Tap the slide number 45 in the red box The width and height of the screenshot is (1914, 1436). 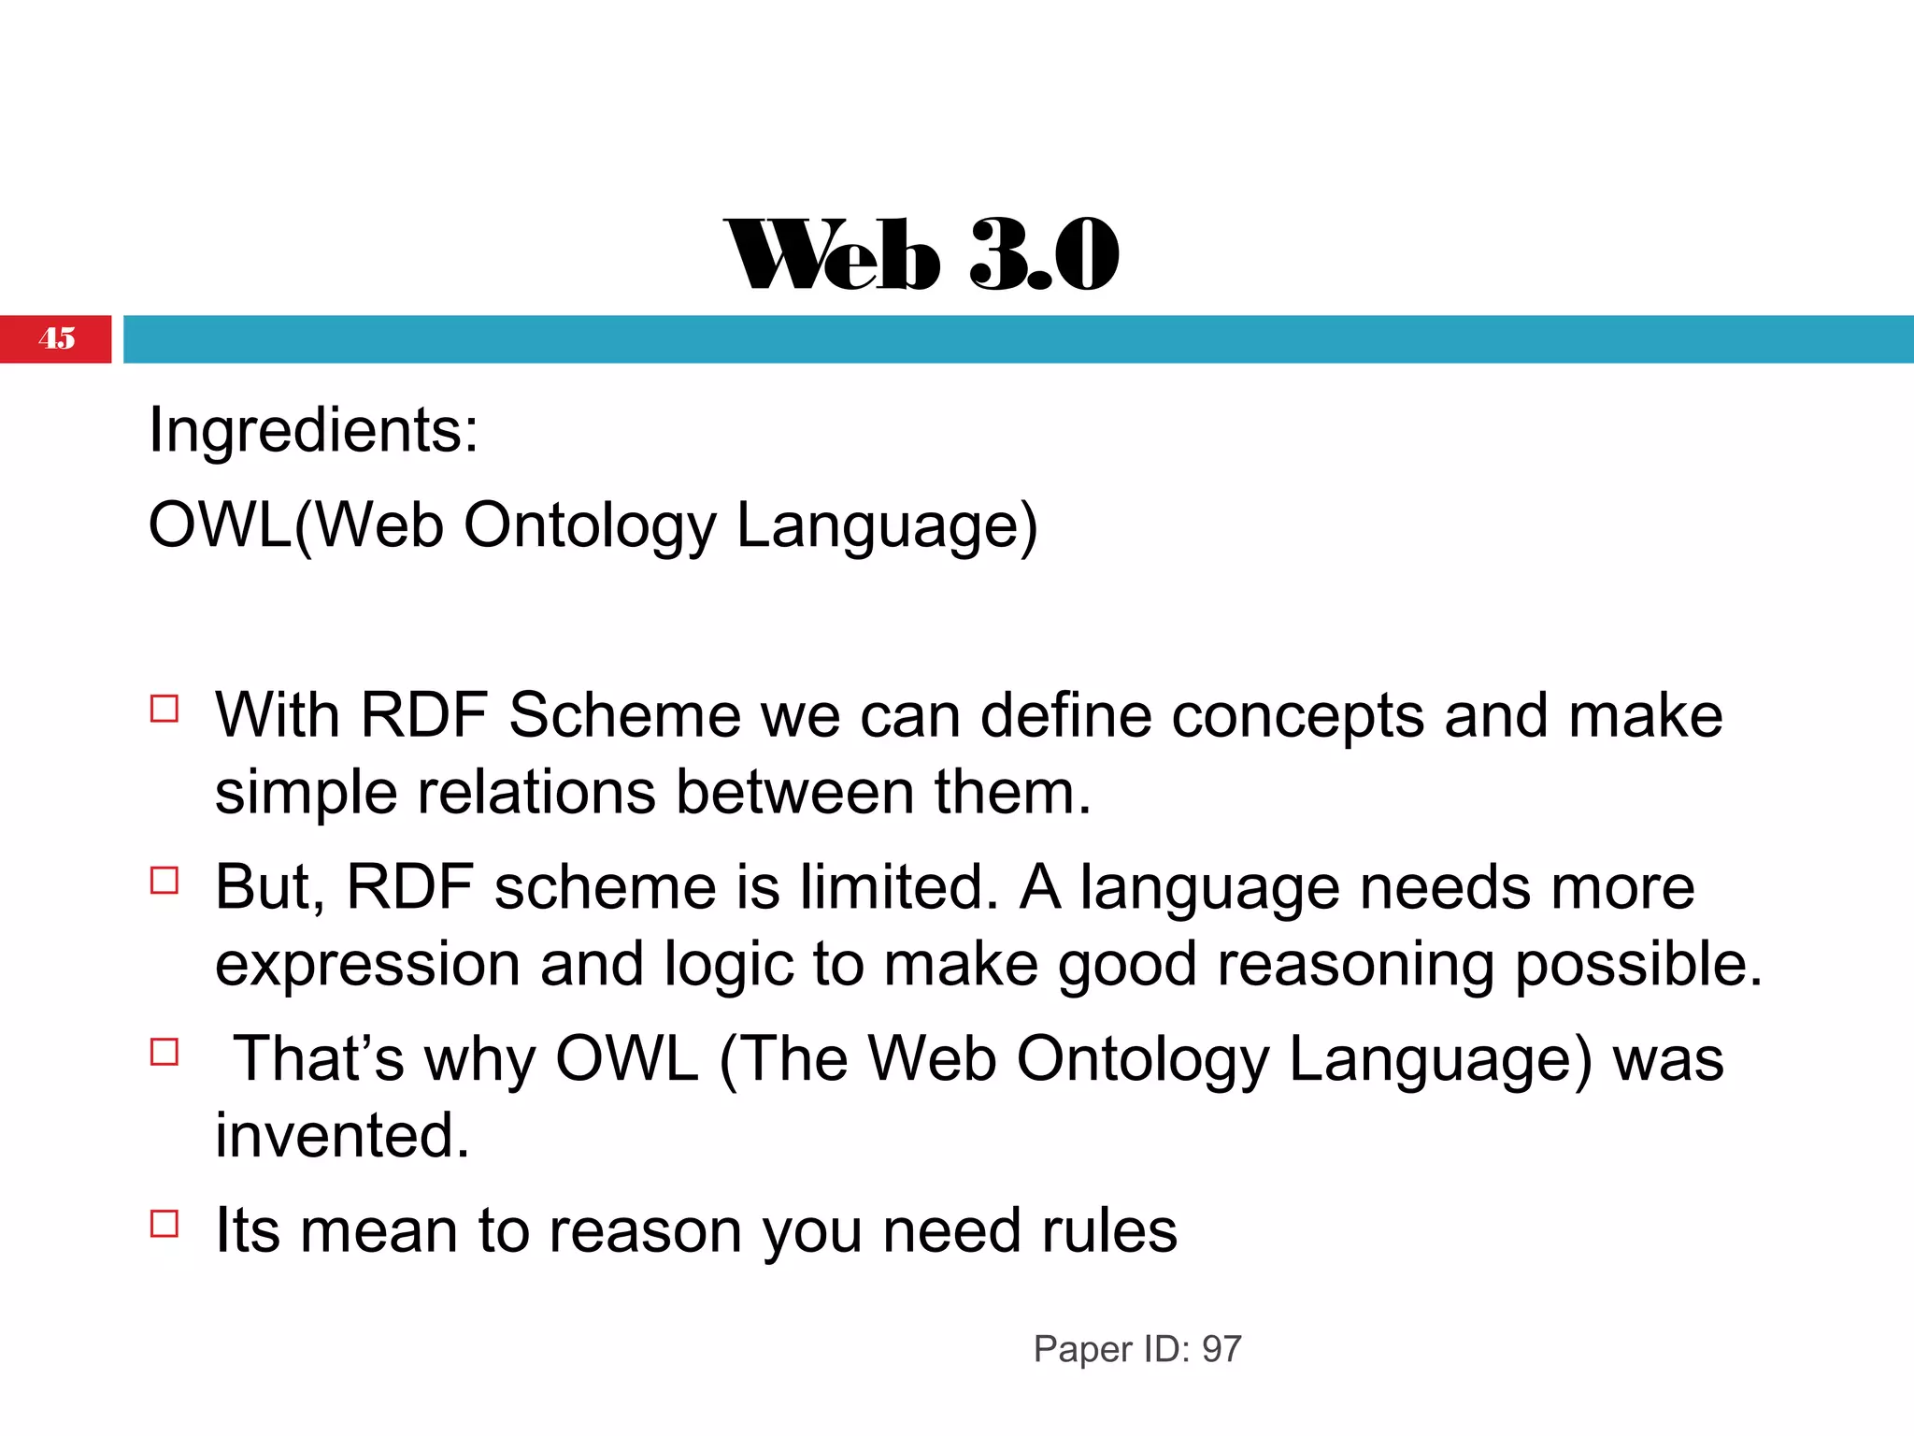point(57,338)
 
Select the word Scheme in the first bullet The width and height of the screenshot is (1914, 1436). point(624,716)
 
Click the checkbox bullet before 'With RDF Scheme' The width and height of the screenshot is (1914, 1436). point(164,709)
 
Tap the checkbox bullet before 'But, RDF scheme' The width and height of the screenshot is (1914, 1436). point(164,881)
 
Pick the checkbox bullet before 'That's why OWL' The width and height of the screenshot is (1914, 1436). point(164,1052)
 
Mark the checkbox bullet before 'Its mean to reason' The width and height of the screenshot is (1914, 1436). point(164,1223)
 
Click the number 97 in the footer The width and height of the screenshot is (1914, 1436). point(1221,1349)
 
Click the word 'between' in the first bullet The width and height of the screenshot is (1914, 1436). point(794,793)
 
